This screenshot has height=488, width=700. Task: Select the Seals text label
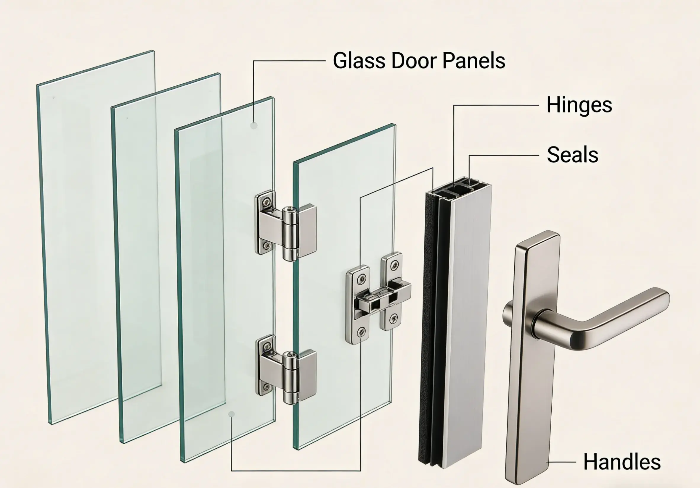(x=573, y=155)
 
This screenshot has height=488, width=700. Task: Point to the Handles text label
(x=622, y=461)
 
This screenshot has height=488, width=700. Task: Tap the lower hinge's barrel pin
(x=290, y=377)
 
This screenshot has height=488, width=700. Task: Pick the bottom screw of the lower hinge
(x=267, y=387)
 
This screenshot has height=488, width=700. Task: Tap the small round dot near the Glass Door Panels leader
(x=254, y=125)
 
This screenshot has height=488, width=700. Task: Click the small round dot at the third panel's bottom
(x=232, y=414)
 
